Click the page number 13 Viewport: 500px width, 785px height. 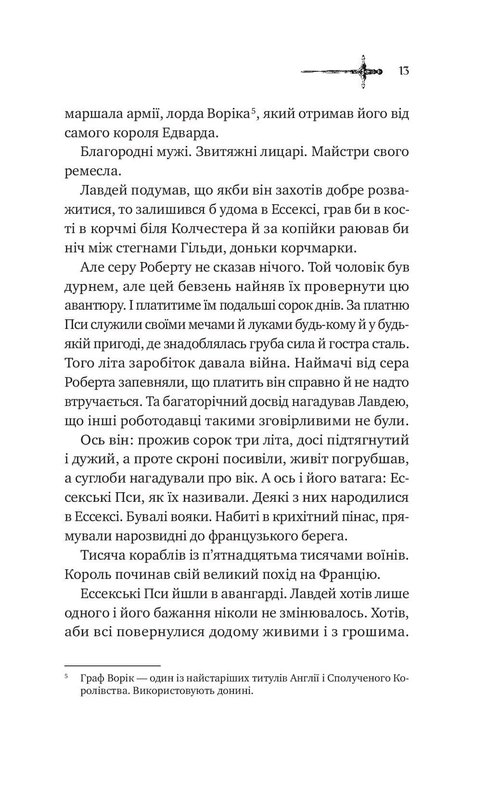click(x=404, y=71)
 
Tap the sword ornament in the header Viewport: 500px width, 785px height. click(x=342, y=72)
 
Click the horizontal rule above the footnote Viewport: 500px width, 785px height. click(x=112, y=665)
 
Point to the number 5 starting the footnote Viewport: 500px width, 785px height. click(x=66, y=677)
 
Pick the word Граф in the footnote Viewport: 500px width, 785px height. click(x=90, y=679)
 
